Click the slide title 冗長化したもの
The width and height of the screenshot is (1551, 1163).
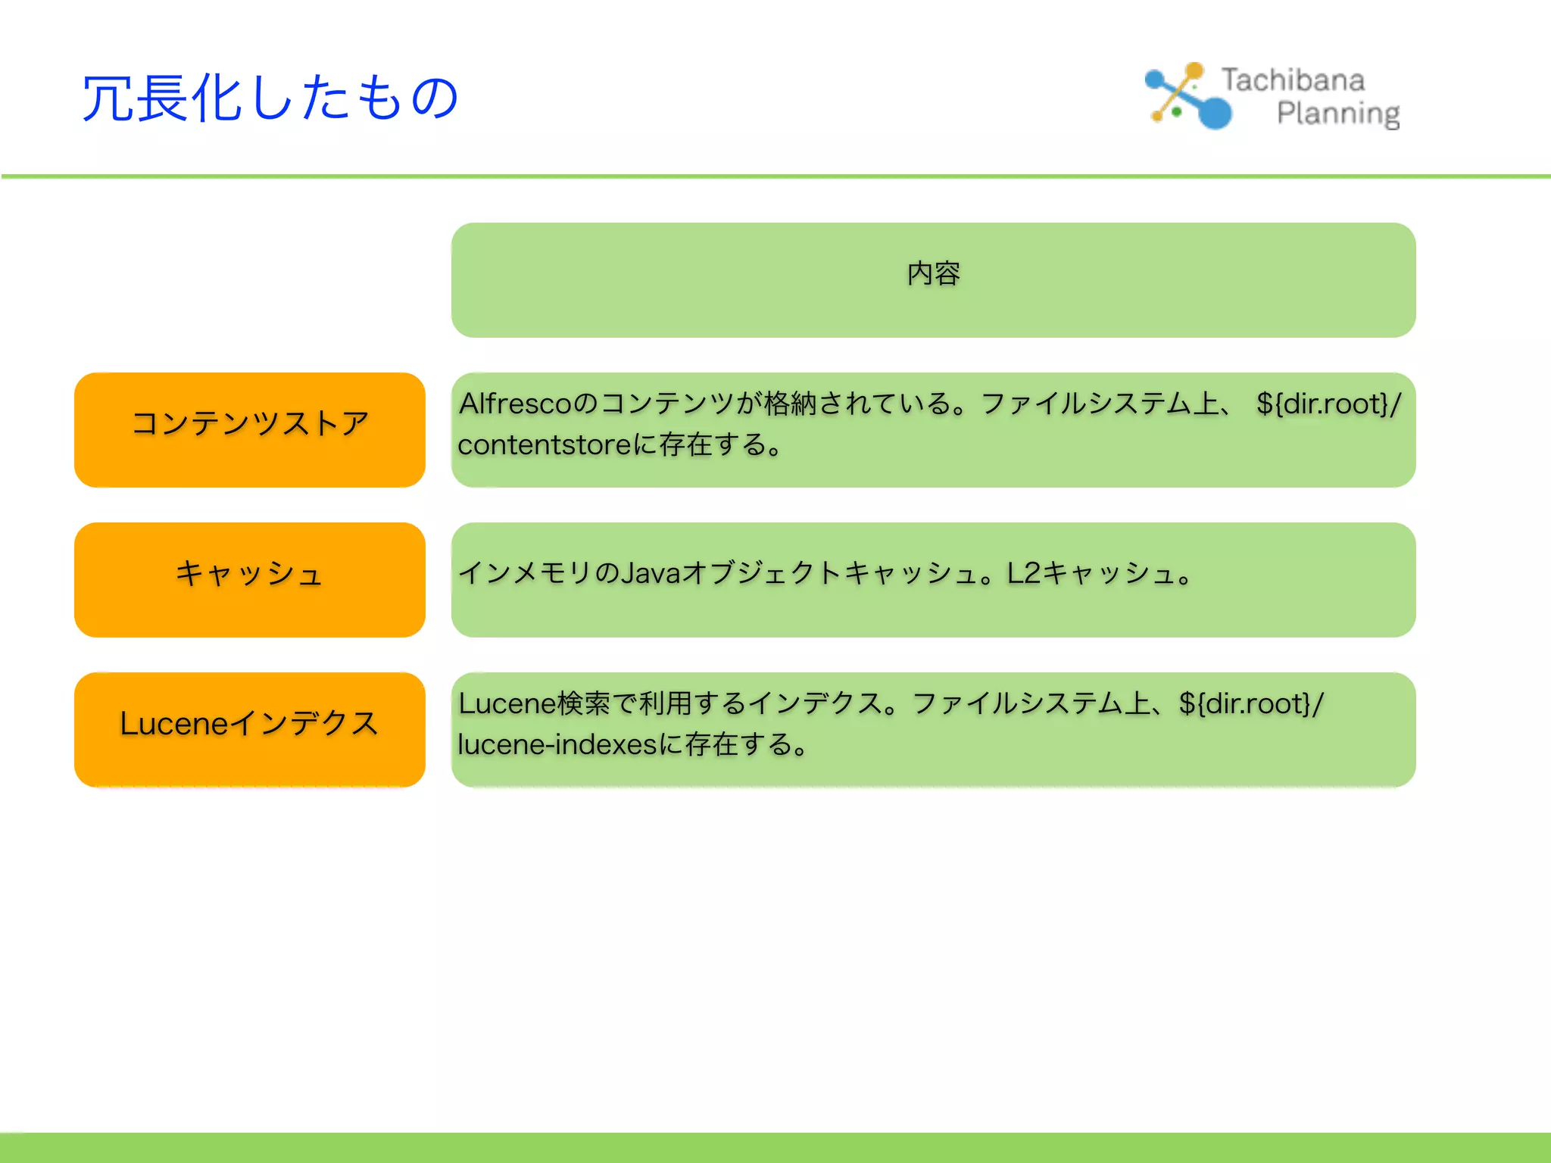tap(270, 98)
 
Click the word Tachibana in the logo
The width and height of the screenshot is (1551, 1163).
tap(1293, 80)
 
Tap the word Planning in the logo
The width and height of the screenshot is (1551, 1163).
tap(1337, 114)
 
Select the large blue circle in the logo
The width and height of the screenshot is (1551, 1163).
tap(1216, 114)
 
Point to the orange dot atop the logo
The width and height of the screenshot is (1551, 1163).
tap(1194, 70)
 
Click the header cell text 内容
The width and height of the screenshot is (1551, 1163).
tap(933, 274)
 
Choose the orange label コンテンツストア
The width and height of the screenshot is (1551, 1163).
tap(250, 423)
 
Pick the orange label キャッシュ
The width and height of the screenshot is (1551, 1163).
tap(250, 573)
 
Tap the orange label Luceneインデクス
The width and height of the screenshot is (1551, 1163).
tap(250, 724)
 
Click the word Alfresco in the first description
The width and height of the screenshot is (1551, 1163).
tap(515, 404)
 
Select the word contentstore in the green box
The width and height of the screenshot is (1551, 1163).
tap(544, 445)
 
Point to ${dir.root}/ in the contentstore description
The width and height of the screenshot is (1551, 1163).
tap(1328, 404)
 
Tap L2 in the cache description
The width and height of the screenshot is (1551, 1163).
tap(1024, 573)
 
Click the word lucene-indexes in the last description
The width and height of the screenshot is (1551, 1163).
tap(557, 745)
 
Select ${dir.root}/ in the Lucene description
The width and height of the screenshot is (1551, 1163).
tap(1251, 704)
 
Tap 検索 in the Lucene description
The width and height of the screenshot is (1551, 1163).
tap(584, 704)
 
